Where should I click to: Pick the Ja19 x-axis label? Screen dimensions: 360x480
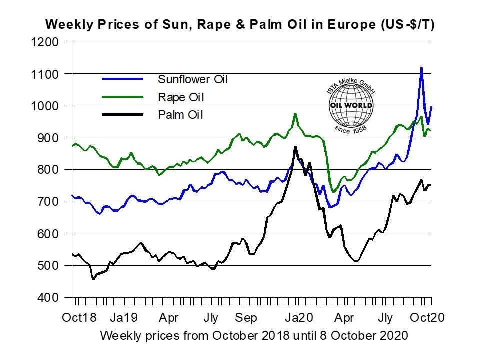pyautogui.click(x=124, y=318)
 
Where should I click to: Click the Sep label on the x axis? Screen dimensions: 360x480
pyautogui.click(x=246, y=318)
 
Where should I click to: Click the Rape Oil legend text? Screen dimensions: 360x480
pyautogui.click(x=180, y=97)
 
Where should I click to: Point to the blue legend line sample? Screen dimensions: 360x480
pyautogui.click(x=122, y=79)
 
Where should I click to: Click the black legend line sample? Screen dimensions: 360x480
pyautogui.click(x=122, y=115)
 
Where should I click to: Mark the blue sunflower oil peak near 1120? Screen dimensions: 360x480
pyautogui.click(x=421, y=67)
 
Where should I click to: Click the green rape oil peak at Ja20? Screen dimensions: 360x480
pyautogui.click(x=295, y=114)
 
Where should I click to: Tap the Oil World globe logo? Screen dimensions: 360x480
pyautogui.click(x=351, y=105)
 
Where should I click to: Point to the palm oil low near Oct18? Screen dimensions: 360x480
pyautogui.click(x=93, y=278)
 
